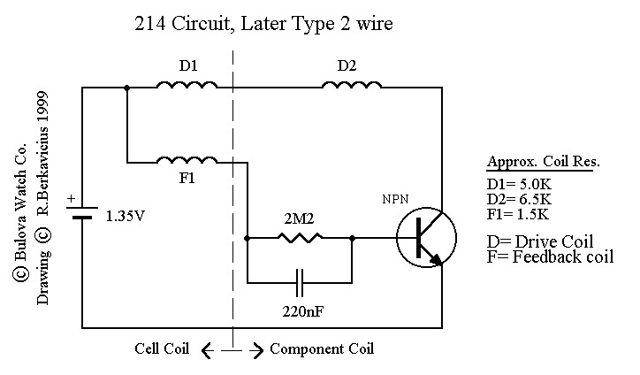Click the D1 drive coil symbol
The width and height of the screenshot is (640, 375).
[187, 85]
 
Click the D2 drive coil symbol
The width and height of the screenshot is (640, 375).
[352, 85]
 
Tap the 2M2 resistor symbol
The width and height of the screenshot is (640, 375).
[300, 237]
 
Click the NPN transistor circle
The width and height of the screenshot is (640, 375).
[426, 237]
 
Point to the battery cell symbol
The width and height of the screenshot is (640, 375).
[82, 215]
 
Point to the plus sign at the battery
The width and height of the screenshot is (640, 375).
[72, 200]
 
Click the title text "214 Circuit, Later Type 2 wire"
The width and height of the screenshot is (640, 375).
[262, 25]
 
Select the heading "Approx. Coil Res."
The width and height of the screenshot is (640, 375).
[543, 163]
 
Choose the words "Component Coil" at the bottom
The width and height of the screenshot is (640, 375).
[322, 348]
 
